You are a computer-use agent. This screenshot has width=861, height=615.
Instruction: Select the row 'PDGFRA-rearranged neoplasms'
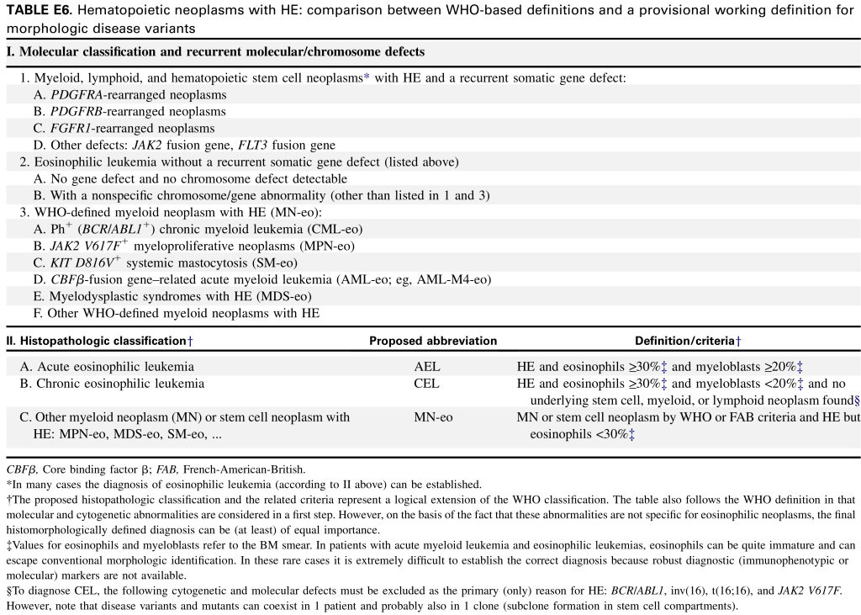point(139,95)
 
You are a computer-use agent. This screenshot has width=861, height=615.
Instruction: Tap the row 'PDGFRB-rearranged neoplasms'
point(138,112)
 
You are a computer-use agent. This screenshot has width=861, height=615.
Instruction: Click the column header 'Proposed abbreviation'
point(433,341)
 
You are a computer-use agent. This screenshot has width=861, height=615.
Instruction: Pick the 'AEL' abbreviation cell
point(427,367)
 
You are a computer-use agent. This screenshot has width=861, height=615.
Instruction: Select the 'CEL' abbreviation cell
point(427,384)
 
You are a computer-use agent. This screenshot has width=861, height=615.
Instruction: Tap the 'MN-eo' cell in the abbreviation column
point(433,417)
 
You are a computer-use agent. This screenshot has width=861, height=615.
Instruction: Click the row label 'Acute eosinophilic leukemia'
point(115,367)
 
